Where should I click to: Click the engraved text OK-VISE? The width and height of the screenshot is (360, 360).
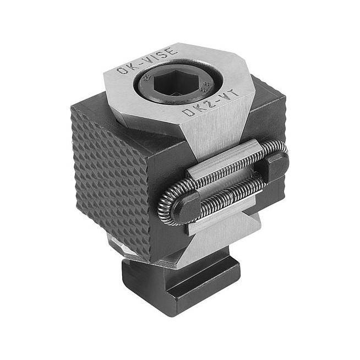tap(148, 61)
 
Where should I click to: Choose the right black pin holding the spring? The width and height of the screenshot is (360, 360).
tap(277, 165)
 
